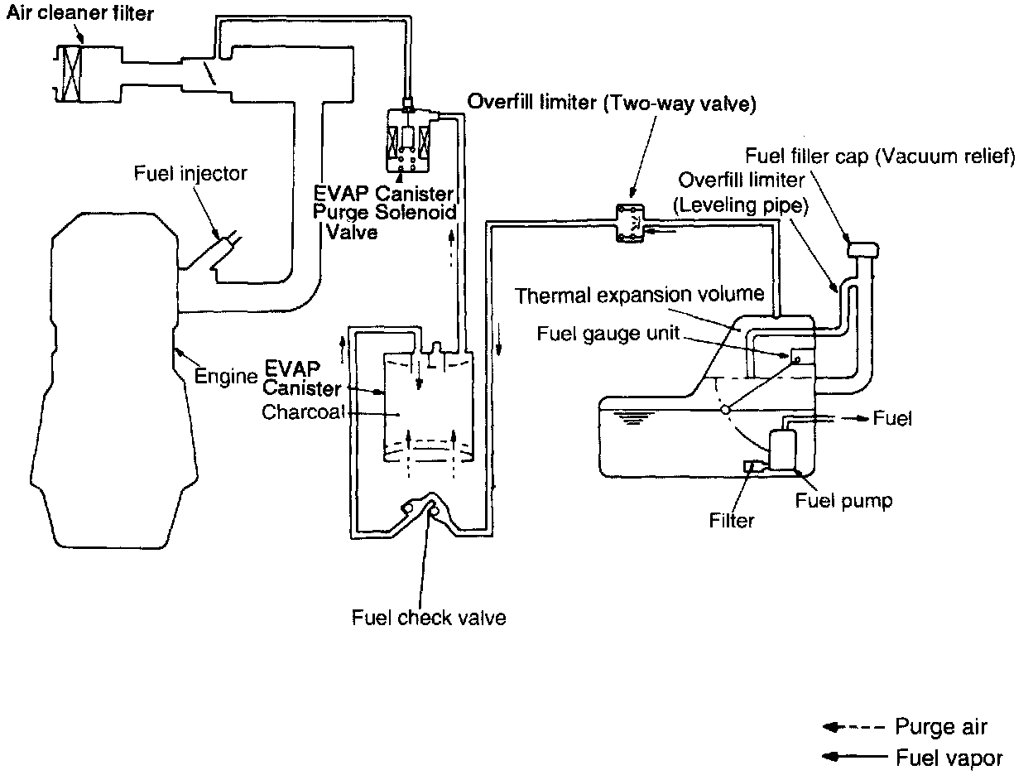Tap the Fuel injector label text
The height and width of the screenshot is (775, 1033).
190,175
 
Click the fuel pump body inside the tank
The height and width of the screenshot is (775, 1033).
781,450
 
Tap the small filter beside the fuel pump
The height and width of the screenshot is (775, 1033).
753,467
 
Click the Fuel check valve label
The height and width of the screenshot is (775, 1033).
428,617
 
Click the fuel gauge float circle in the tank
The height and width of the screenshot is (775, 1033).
725,409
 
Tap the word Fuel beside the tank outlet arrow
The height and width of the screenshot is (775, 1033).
892,418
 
